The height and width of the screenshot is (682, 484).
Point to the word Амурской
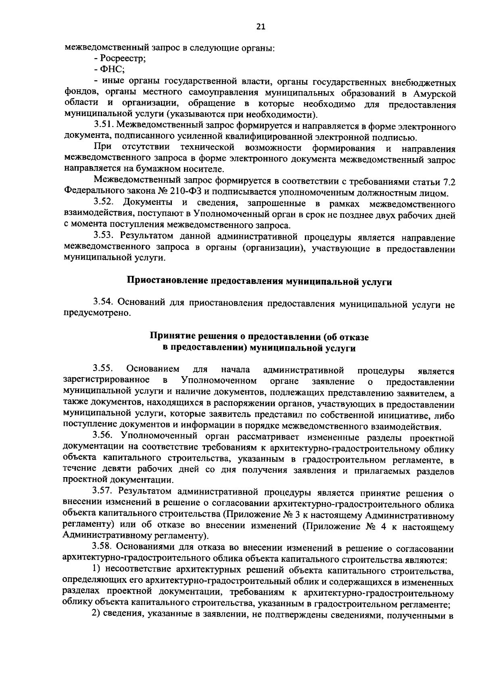point(435,94)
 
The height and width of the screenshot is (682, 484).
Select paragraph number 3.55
point(102,369)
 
